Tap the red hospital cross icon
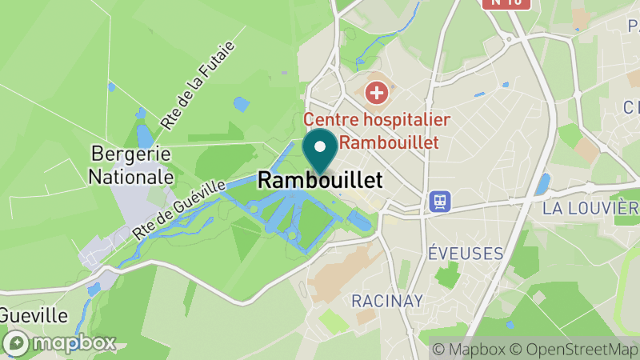pos(376,93)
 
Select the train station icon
pos(439,201)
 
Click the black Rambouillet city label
pos(320,181)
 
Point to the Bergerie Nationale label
pos(131,164)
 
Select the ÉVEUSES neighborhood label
pos(465,254)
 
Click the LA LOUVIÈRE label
pos(590,210)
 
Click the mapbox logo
pos(59,343)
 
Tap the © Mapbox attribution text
pos(469,350)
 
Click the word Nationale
pos(131,175)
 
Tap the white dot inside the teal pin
pos(320,146)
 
